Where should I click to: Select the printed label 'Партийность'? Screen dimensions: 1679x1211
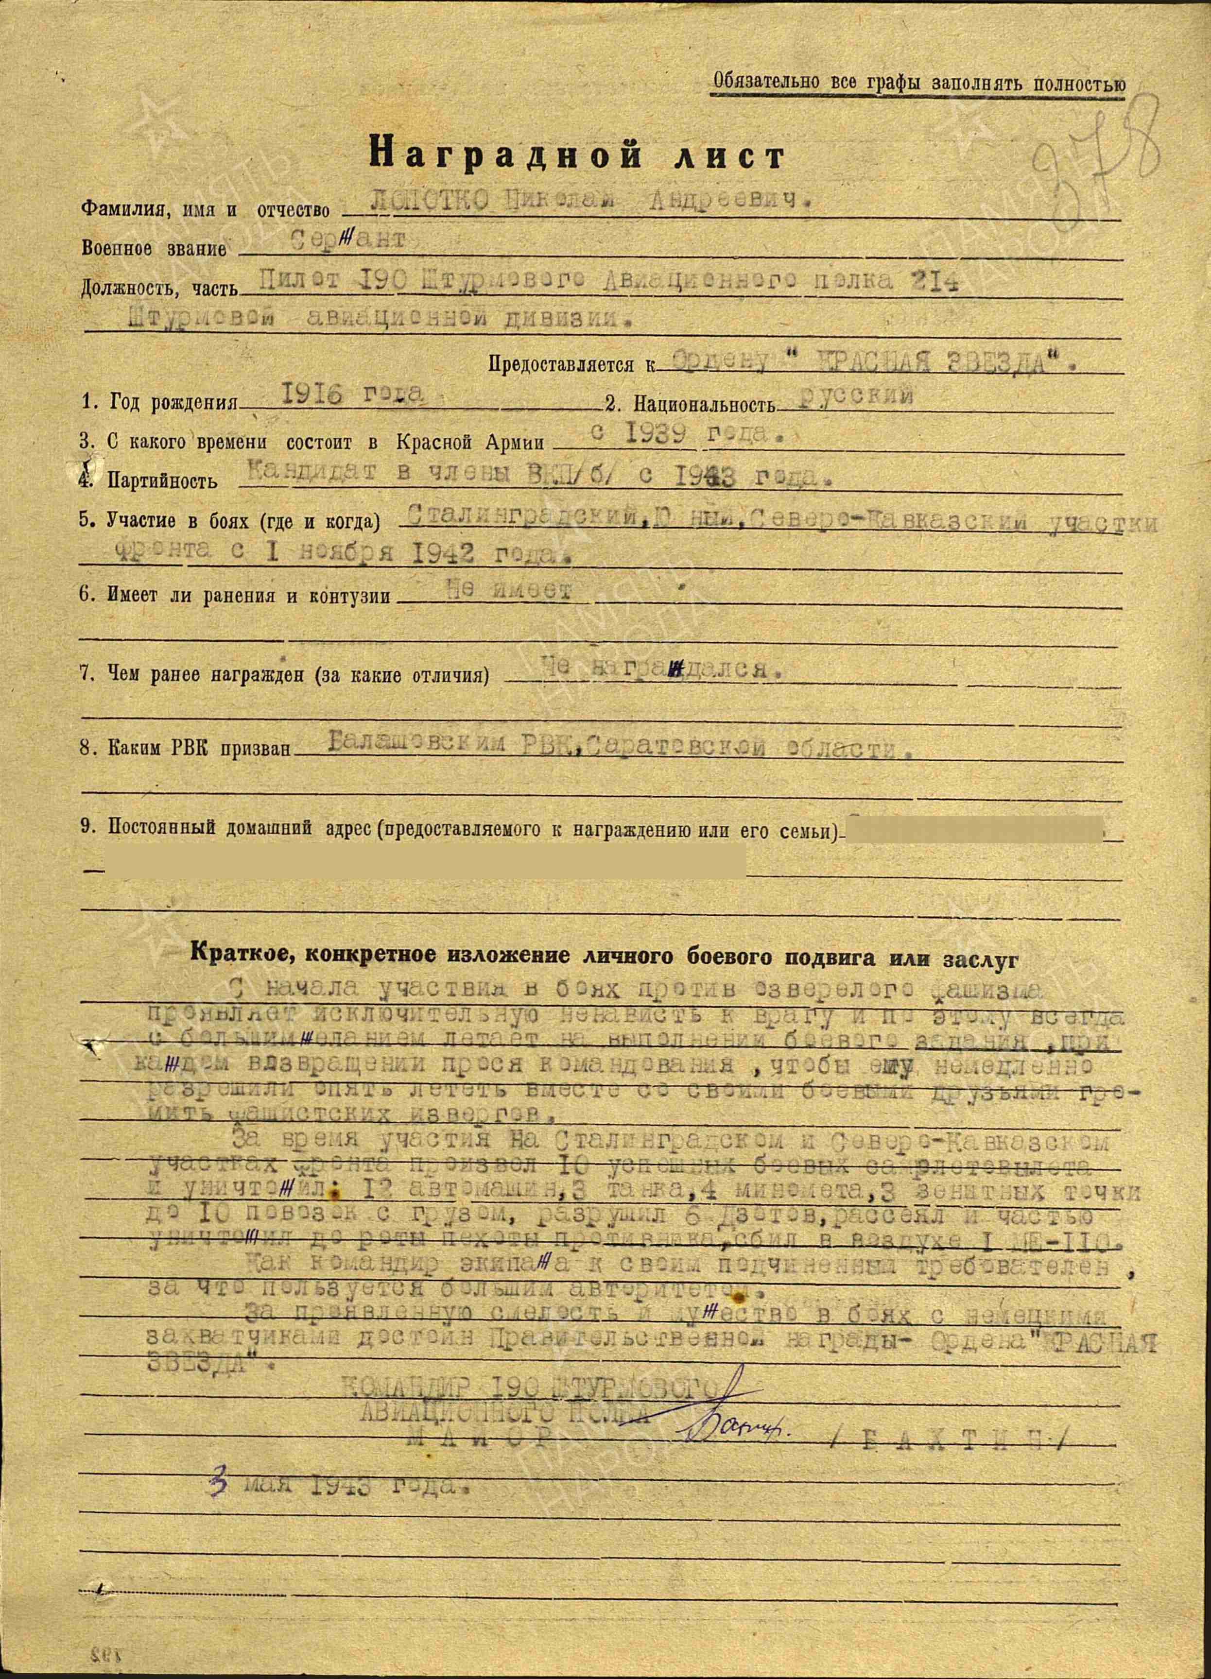(x=162, y=480)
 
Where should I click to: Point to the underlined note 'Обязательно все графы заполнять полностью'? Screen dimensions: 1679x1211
(x=918, y=83)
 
